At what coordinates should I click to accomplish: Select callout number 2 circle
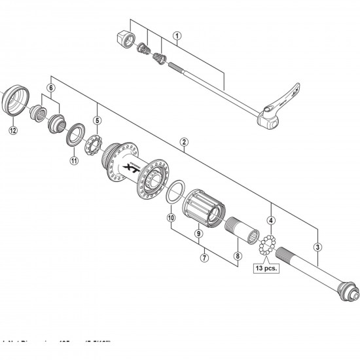185,141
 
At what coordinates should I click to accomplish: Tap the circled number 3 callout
317,247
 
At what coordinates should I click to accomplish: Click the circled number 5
97,120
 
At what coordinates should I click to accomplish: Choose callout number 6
50,88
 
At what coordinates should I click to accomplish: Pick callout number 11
73,160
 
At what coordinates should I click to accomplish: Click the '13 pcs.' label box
266,268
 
